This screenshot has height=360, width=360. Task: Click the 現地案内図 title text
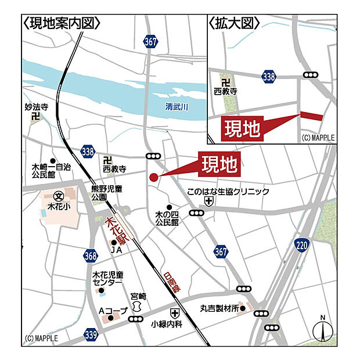62,23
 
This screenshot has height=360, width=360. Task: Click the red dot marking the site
153,177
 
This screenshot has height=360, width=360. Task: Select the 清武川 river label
177,106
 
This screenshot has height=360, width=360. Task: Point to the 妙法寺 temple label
36,107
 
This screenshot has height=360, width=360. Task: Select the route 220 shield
301,245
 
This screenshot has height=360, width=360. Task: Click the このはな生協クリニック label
228,191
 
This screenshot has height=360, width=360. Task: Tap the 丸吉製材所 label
219,308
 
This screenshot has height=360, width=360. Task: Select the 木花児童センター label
107,278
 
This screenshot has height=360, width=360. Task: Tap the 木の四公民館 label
167,218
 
